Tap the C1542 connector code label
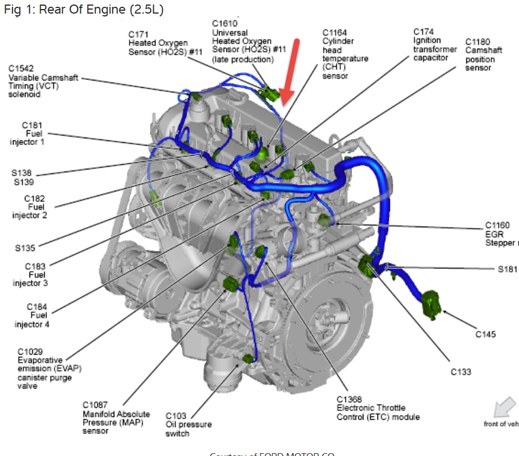(x=21, y=69)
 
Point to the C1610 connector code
(x=224, y=23)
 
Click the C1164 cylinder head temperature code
(x=334, y=32)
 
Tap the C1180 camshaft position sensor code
(x=477, y=42)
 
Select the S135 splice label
(x=27, y=248)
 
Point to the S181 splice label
(x=507, y=269)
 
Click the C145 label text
(x=485, y=334)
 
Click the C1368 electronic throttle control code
(x=349, y=399)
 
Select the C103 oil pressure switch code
(x=175, y=416)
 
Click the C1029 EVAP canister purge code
(x=30, y=351)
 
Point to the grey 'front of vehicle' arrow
(x=503, y=407)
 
